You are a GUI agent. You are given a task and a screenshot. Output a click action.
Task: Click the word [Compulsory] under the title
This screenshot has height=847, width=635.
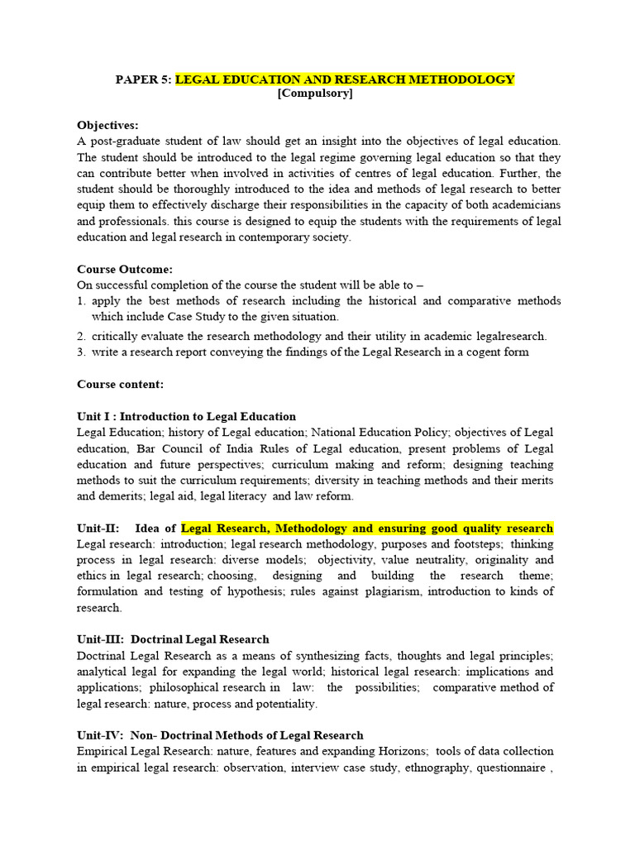click(x=315, y=94)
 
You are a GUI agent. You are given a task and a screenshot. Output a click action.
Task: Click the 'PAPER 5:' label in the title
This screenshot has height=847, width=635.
click(x=143, y=79)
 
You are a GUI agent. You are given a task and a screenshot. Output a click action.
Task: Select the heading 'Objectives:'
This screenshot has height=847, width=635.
click(x=108, y=126)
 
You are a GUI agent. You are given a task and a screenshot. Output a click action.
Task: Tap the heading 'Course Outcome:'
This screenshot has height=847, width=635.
click(x=125, y=270)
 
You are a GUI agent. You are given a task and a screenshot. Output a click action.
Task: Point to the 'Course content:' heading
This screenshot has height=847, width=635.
click(x=120, y=385)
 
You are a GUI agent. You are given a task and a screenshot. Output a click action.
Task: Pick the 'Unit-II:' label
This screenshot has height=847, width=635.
click(x=98, y=529)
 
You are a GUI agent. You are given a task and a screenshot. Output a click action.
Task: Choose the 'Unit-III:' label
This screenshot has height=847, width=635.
click(x=100, y=639)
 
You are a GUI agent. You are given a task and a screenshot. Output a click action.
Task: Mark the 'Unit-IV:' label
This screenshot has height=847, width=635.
click(x=99, y=735)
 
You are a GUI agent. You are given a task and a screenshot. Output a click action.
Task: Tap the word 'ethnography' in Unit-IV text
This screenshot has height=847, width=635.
click(x=459, y=768)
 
